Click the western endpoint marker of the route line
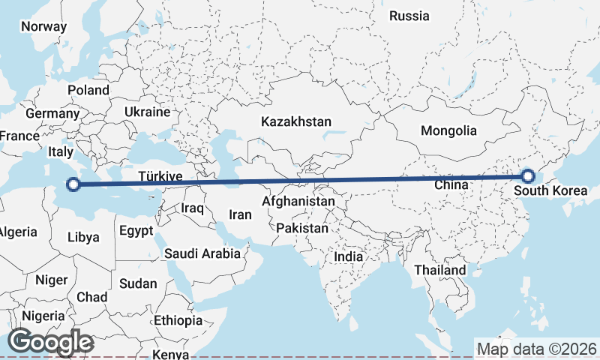(x=73, y=184)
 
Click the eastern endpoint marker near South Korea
(x=528, y=176)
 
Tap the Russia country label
(x=409, y=16)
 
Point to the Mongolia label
(x=448, y=130)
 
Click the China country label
(x=451, y=184)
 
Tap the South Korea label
(x=551, y=190)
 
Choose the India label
(x=348, y=256)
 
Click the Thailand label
(x=441, y=270)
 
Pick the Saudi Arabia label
(x=202, y=253)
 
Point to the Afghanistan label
(x=298, y=202)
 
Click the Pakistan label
(x=302, y=228)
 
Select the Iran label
(x=240, y=214)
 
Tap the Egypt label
(x=136, y=230)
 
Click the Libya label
(x=83, y=237)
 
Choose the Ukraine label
(x=148, y=112)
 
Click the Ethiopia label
(x=178, y=320)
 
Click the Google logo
(x=50, y=342)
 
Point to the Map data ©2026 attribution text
(x=537, y=349)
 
